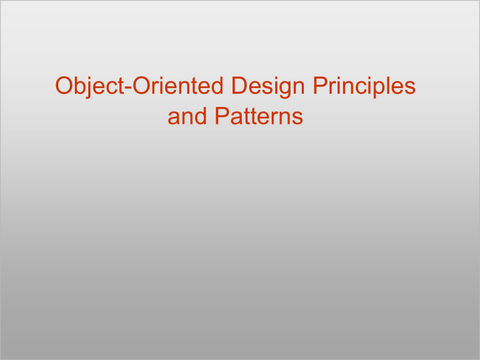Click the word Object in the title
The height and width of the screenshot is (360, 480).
[x=89, y=87]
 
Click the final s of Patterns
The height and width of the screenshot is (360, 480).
[x=296, y=118]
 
